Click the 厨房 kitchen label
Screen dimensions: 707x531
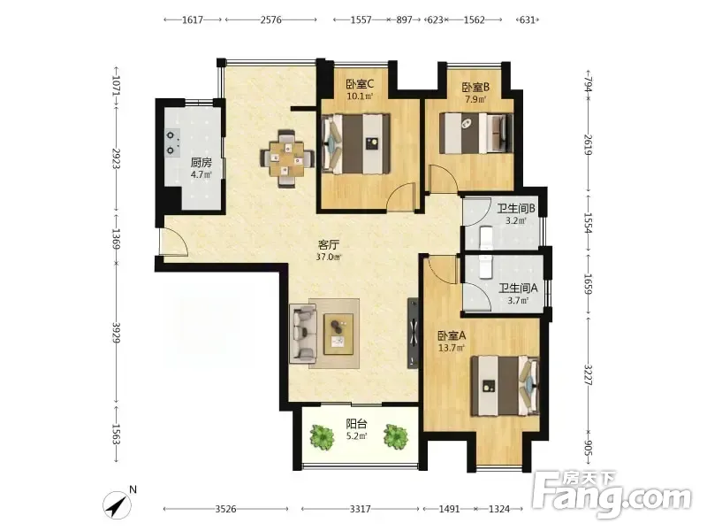pos(201,163)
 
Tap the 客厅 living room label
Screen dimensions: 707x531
pos(328,245)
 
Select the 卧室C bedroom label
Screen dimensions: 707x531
pos(360,84)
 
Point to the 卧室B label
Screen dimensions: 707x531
pos(475,87)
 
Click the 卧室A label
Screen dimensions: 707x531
pos(452,336)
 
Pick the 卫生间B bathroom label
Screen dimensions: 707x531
pos(516,209)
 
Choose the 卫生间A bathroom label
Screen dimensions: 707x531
pos(518,288)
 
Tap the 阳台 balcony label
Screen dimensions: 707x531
pos(356,424)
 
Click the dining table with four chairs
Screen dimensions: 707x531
pos(286,158)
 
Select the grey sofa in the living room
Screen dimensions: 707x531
pos(303,333)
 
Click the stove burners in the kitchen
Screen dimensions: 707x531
pos(171,142)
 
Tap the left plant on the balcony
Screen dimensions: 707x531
pos(322,436)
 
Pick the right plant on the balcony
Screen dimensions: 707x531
pos(396,436)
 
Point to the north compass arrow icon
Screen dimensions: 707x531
pos(117,505)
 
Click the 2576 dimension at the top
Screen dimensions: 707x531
pos(271,19)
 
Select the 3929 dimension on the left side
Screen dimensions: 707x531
pos(116,333)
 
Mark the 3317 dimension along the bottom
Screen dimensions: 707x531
pos(361,510)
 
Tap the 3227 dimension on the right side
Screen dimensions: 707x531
pos(589,374)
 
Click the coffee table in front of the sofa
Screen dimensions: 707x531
pos(338,335)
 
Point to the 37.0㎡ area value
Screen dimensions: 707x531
pos(328,258)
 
